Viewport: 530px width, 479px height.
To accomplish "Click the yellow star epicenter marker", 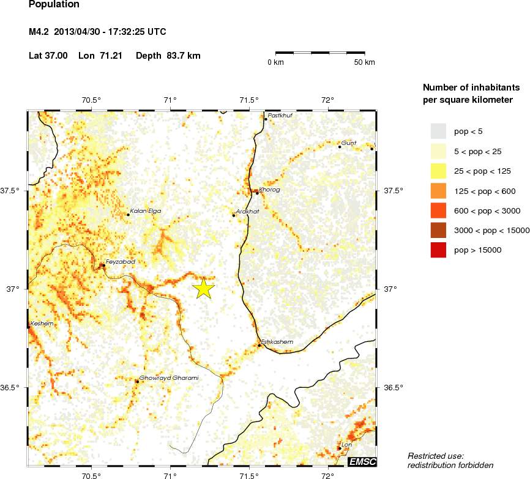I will [x=203, y=288].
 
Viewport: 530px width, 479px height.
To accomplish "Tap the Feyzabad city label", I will [x=120, y=262].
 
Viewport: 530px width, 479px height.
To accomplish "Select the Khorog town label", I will [x=269, y=190].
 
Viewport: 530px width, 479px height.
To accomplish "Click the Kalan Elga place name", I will [x=146, y=211].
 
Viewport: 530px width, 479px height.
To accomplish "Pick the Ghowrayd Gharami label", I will [x=170, y=378].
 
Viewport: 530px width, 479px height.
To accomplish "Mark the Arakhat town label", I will [x=248, y=211].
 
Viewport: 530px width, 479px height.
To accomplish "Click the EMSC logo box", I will [x=362, y=461].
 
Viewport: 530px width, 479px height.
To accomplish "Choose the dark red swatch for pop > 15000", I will [x=438, y=250].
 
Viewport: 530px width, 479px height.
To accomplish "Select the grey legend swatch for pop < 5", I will [x=438, y=131].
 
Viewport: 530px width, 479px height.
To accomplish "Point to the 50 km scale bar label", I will [x=365, y=62].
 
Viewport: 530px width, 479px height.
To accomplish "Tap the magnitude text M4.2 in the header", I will [x=40, y=31].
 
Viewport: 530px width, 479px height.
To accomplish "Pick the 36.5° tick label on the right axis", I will [x=392, y=388].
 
